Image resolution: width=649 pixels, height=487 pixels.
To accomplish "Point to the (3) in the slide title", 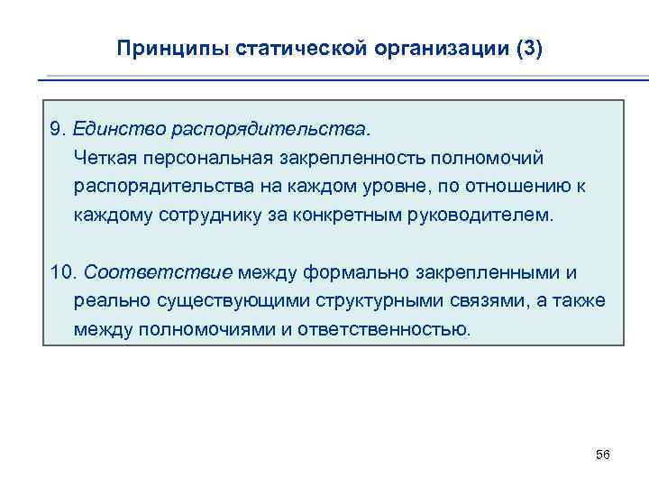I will (526, 49).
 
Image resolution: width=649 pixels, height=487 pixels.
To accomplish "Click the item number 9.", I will (57, 129).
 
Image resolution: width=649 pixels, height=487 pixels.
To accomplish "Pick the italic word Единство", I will (113, 129).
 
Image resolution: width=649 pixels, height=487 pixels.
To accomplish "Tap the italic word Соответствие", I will (158, 271).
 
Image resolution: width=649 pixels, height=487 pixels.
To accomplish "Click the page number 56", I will (603, 455).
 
